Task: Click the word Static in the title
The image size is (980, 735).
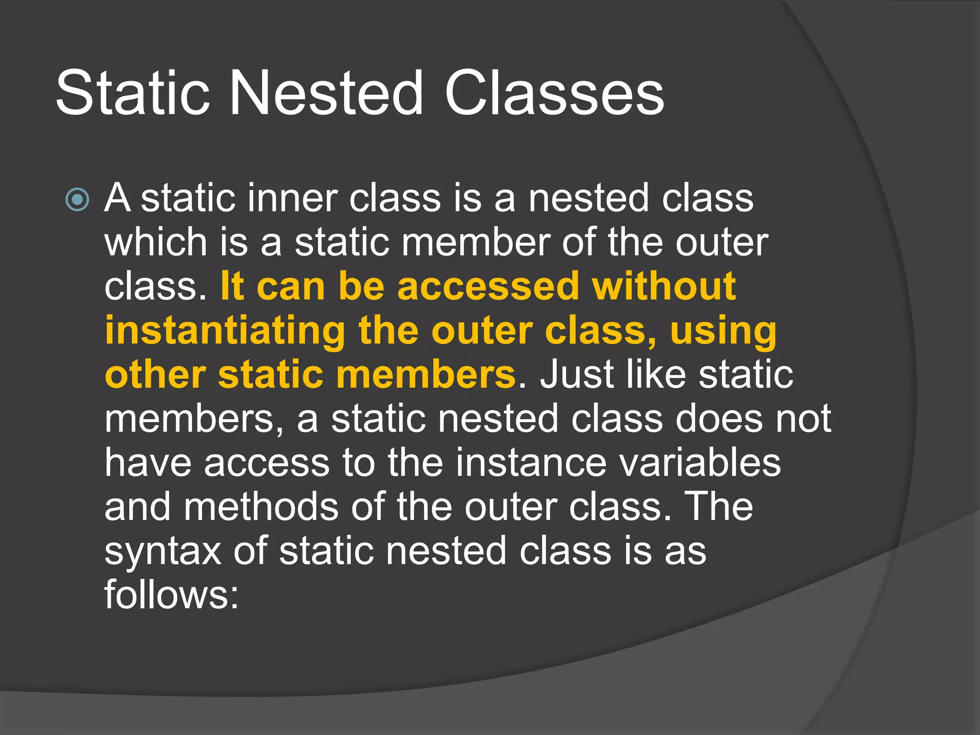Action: click(133, 93)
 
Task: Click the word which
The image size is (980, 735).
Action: click(156, 242)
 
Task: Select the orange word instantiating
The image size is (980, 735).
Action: click(225, 331)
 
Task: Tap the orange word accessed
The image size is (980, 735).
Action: click(488, 286)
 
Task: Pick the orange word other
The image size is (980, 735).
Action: click(156, 375)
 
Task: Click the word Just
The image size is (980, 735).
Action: click(577, 375)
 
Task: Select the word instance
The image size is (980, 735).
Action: click(531, 463)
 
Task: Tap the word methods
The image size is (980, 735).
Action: click(261, 507)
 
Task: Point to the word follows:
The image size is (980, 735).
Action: click(171, 595)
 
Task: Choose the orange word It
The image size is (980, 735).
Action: click(232, 286)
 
